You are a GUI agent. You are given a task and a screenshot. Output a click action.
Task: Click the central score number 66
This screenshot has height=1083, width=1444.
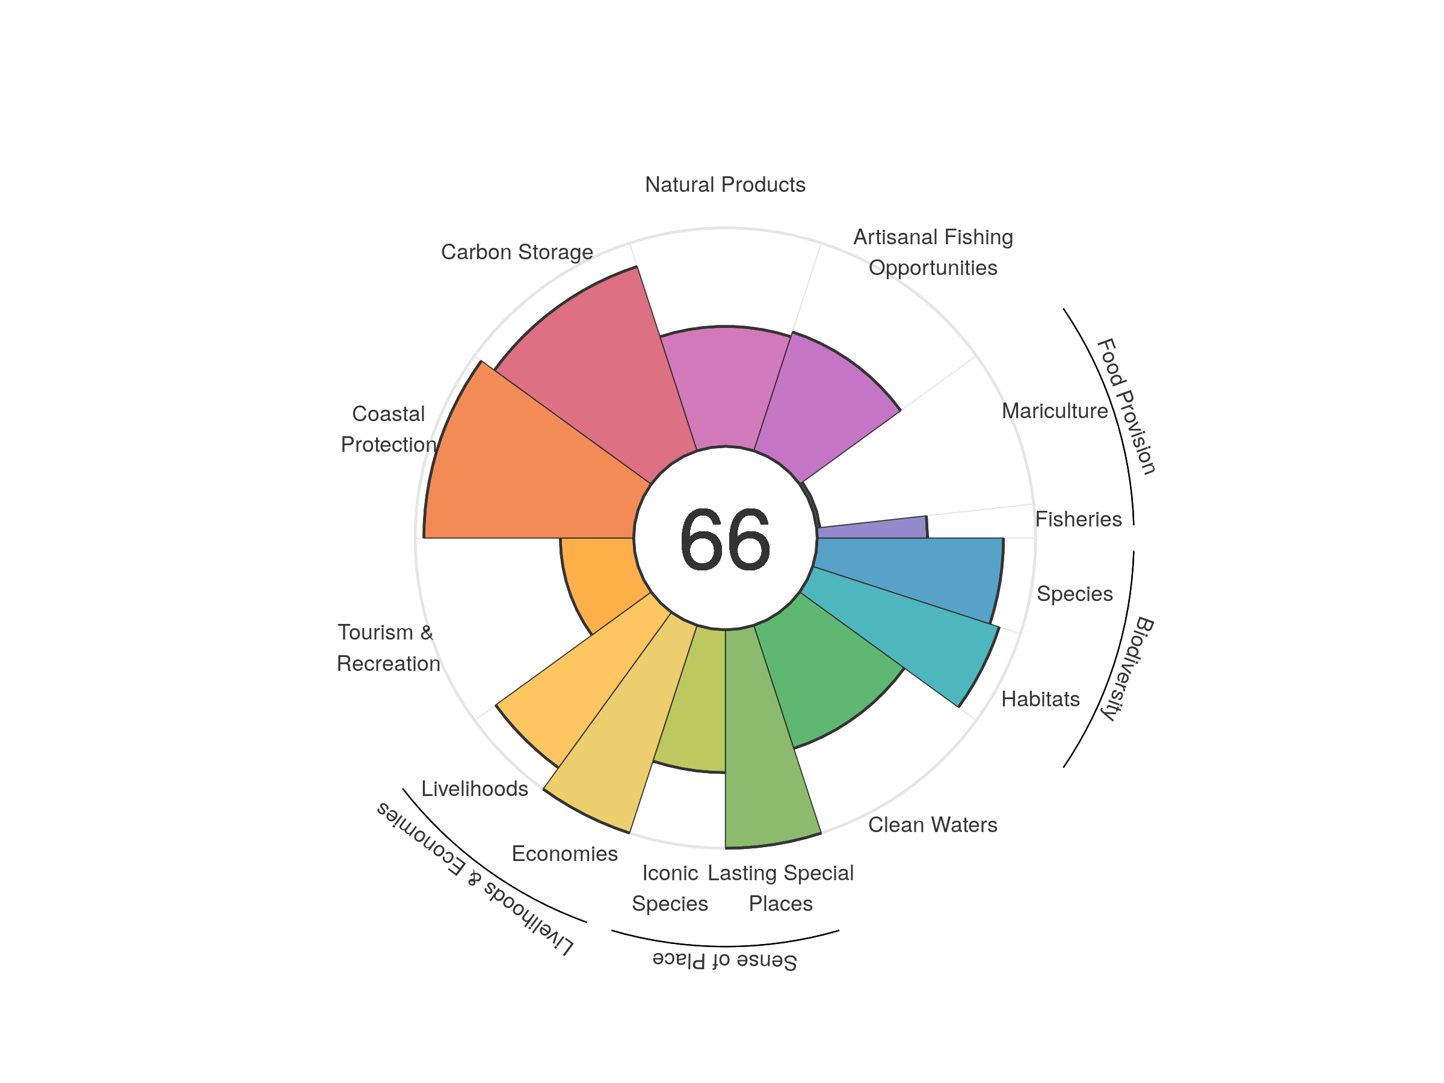click(x=724, y=539)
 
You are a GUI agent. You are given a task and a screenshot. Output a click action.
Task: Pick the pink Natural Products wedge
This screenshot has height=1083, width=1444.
click(x=724, y=385)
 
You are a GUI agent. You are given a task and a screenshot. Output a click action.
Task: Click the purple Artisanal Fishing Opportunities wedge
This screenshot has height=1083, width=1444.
click(x=822, y=405)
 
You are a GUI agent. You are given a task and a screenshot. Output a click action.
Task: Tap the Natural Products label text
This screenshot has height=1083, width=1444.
click(x=724, y=185)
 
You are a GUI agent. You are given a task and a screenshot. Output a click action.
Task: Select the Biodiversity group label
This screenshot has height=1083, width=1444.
click(x=1127, y=668)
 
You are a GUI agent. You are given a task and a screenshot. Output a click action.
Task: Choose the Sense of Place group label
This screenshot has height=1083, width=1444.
click(x=724, y=960)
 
